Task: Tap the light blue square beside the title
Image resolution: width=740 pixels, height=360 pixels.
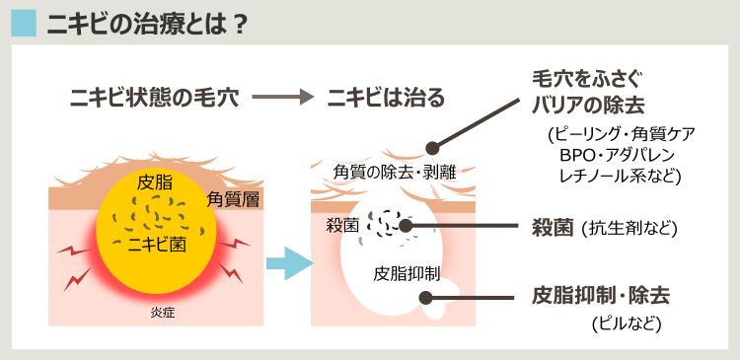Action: point(23,23)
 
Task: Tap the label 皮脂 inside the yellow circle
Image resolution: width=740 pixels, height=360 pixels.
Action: point(156,182)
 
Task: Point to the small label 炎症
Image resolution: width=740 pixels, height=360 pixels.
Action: point(156,313)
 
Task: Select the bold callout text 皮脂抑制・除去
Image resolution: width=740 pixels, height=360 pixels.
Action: point(600,295)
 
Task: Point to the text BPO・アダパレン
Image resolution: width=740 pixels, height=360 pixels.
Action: point(621,156)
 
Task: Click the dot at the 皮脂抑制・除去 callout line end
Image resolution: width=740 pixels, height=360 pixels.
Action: point(425,297)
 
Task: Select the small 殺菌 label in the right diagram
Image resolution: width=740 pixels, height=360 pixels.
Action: point(342,224)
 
